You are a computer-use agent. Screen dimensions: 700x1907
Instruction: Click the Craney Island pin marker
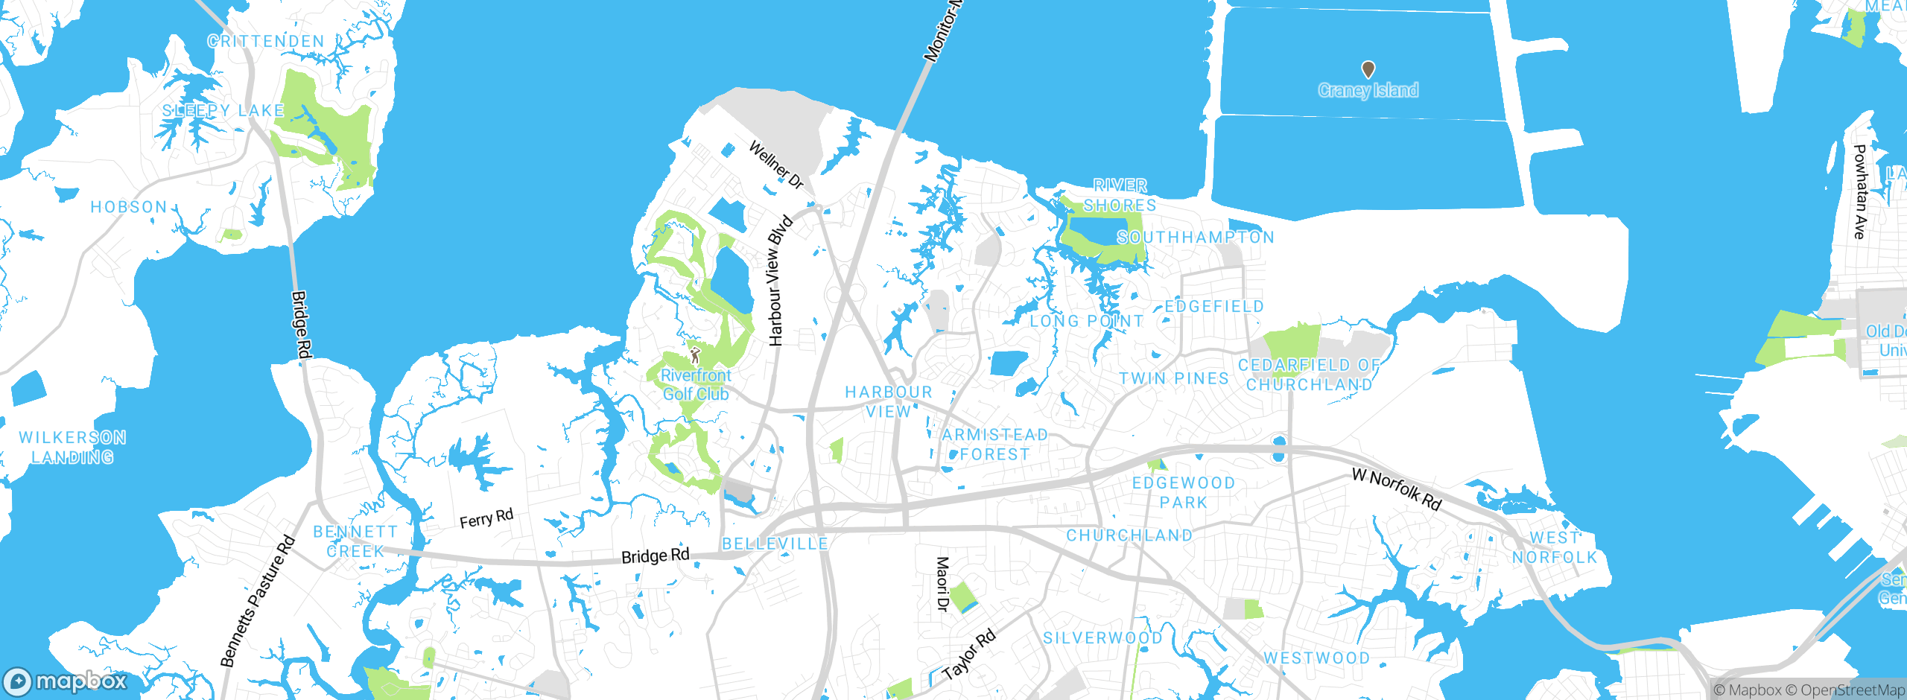tap(1368, 70)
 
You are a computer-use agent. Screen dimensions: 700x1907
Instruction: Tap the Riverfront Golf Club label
tap(696, 385)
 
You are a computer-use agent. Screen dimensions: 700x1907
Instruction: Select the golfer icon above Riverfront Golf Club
tap(695, 354)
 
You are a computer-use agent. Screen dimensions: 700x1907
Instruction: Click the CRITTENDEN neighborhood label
tap(266, 42)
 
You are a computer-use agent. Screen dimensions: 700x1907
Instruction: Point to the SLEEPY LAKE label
tap(223, 111)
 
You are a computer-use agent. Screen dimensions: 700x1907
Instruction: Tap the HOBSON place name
tap(129, 207)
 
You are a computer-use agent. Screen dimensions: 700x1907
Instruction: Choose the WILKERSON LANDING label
tap(72, 448)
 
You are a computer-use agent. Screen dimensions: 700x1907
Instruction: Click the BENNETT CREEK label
tap(355, 541)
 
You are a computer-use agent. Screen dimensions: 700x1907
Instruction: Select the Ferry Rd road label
tap(486, 518)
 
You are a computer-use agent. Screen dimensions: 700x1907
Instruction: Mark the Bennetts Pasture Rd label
tap(258, 601)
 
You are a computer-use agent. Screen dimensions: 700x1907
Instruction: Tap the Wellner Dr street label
tap(776, 165)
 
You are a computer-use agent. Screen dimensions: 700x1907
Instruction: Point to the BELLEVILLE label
tap(775, 544)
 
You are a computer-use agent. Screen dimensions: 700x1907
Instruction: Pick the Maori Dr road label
tap(942, 584)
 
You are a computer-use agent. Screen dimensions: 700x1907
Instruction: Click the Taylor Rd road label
tap(968, 655)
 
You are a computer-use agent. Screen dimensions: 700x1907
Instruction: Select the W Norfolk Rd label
tap(1397, 489)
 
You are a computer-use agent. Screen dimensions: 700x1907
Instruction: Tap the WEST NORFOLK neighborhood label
tap(1555, 547)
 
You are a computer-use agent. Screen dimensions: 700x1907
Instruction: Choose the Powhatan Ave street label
tap(1860, 191)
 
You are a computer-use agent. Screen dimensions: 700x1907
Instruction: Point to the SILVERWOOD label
tap(1102, 638)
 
